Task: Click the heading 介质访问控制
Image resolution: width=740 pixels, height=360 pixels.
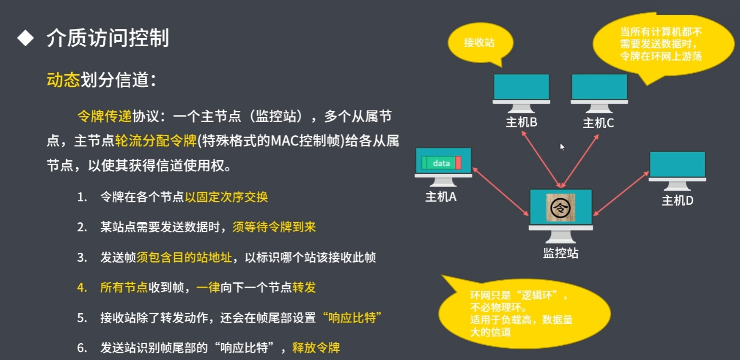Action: tap(107, 39)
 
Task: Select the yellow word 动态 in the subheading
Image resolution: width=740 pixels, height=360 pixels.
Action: tap(64, 80)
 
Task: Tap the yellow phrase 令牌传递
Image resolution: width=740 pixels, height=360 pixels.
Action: tap(105, 117)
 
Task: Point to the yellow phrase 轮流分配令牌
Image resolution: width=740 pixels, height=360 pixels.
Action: tap(156, 141)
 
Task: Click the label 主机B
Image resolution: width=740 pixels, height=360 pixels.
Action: tap(521, 123)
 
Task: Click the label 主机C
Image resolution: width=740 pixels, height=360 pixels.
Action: tap(598, 123)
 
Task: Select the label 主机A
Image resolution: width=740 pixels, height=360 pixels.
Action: tap(441, 197)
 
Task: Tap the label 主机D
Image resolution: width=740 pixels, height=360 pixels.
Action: tap(677, 200)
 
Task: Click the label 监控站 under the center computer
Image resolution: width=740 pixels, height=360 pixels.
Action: tap(561, 253)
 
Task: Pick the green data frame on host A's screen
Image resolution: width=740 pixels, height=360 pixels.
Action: tap(441, 163)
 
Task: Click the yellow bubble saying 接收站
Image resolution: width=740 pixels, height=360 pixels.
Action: tap(479, 43)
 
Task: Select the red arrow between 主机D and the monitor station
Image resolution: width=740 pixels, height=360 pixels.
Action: tap(621, 194)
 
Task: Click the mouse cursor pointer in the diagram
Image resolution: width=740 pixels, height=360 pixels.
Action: tap(562, 147)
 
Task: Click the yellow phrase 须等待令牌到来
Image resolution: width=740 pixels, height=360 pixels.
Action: tap(274, 227)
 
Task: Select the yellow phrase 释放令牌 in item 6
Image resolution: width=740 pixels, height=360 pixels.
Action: tap(316, 348)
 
